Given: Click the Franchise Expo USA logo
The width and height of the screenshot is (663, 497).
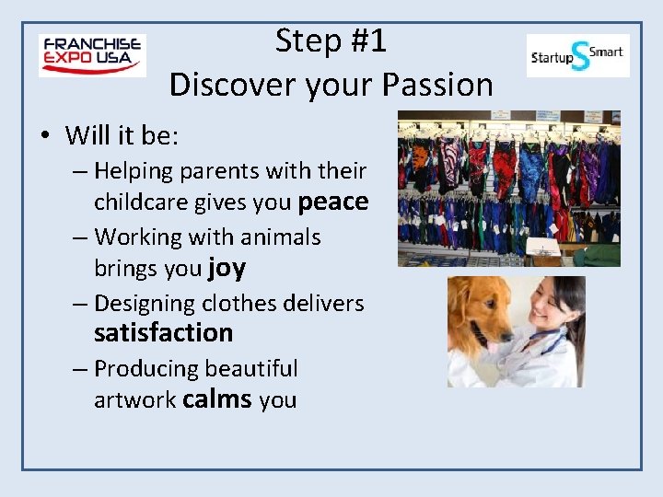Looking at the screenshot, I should (x=92, y=55).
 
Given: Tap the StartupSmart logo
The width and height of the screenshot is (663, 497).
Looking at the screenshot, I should (x=577, y=55).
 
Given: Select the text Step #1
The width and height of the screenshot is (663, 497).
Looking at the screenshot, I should (x=331, y=40).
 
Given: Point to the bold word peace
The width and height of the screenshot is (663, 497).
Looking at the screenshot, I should (x=333, y=202).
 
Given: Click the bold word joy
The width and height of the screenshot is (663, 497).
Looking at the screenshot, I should (x=227, y=268).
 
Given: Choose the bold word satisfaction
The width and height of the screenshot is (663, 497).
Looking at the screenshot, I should (x=163, y=332).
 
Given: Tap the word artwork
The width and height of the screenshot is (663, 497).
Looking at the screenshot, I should (x=134, y=401).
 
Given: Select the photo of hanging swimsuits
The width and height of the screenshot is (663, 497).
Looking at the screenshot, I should (x=508, y=189).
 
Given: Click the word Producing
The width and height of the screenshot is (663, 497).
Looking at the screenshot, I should (x=145, y=369).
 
